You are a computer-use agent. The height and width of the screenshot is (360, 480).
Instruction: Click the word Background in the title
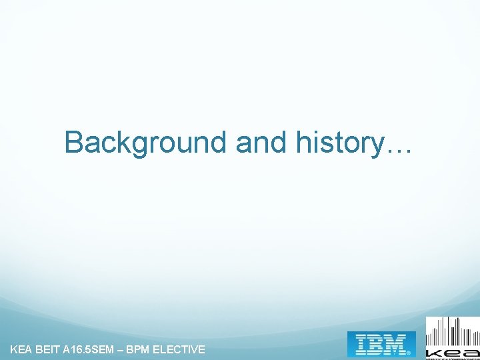click(146, 142)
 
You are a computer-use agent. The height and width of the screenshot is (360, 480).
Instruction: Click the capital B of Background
click(74, 142)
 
